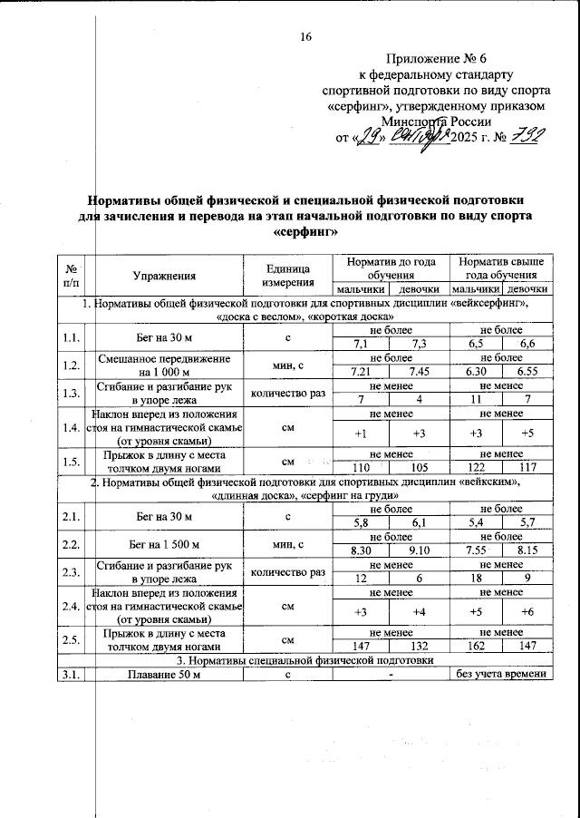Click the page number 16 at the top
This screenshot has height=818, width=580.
(x=305, y=37)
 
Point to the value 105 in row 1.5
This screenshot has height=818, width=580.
(x=420, y=468)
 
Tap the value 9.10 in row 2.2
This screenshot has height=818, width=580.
(x=420, y=550)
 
